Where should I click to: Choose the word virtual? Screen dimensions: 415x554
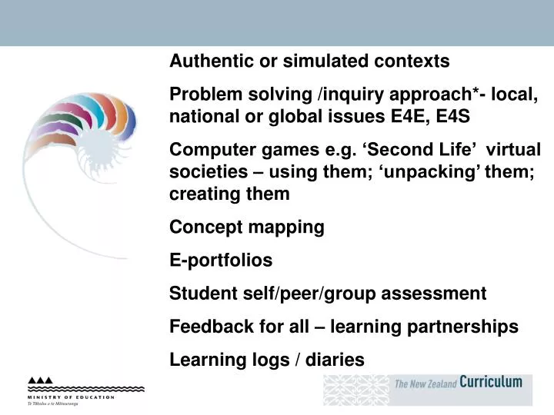[514, 150]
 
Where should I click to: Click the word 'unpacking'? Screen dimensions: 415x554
[417, 171]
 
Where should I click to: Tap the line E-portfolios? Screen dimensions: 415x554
[221, 261]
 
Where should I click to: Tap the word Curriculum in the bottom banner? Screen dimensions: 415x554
[490, 382]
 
